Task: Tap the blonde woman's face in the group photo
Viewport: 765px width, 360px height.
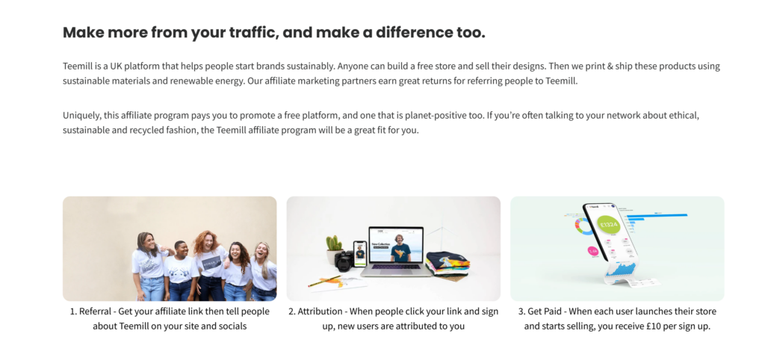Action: click(x=261, y=251)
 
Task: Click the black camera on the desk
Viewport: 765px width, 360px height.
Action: click(x=344, y=261)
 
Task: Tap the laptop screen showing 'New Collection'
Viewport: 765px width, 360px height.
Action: click(x=396, y=245)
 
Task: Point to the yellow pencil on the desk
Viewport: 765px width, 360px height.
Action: click(x=324, y=282)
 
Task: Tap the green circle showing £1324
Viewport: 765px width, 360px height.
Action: click(x=608, y=226)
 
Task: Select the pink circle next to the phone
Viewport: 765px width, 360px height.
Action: click(x=592, y=251)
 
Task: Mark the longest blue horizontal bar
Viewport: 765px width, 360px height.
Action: click(x=657, y=214)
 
